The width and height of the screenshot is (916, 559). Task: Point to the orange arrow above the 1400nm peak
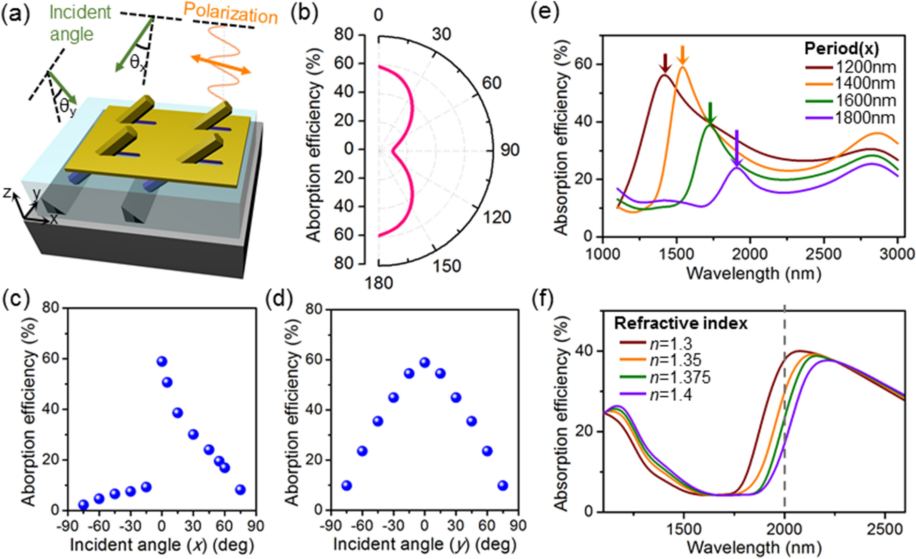pos(682,55)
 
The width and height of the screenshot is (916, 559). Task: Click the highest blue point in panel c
pos(162,362)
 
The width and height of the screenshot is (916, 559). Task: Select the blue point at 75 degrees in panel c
pos(240,490)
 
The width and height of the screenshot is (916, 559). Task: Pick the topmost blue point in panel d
pos(425,363)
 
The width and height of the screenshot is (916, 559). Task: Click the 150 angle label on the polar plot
pos(446,266)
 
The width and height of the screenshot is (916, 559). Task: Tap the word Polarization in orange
pos(231,13)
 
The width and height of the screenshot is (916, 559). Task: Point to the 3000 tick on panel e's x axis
pos(897,254)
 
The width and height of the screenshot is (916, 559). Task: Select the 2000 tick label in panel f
pos(784,529)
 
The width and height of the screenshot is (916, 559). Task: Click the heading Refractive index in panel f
pos(680,323)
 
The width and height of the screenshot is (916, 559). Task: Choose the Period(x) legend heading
pos(842,48)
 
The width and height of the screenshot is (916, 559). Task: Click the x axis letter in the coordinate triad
pos(53,219)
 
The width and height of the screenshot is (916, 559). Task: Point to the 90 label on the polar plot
pos(509,150)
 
